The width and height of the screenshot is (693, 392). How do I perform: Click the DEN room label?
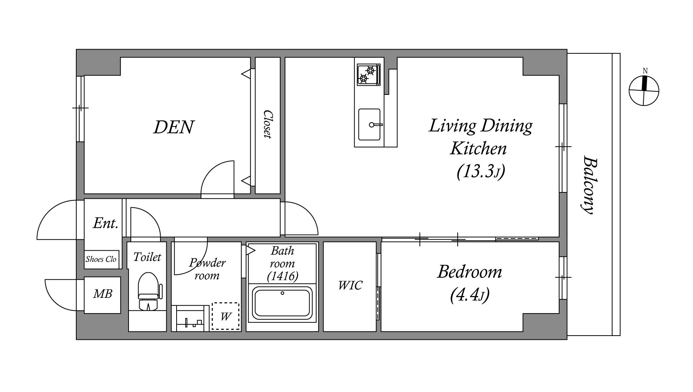click(174, 127)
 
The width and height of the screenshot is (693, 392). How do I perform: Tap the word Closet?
click(268, 125)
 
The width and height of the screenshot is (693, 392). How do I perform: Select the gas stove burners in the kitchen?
click(368, 75)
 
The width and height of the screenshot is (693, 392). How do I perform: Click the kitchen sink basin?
click(370, 124)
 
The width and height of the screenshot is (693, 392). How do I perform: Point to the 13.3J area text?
click(481, 171)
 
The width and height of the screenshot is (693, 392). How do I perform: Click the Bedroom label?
click(470, 272)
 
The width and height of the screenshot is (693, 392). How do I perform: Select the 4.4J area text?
click(470, 294)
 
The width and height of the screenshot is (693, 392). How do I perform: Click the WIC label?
click(350, 285)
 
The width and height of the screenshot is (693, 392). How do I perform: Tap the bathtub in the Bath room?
click(282, 304)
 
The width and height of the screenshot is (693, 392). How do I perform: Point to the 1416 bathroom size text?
click(283, 275)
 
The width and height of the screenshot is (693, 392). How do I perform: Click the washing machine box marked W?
click(226, 316)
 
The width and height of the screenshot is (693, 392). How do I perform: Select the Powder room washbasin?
click(190, 318)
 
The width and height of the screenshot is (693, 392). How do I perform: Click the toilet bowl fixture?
click(149, 291)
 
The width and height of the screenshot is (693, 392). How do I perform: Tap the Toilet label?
click(147, 257)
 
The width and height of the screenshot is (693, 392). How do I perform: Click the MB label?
click(103, 294)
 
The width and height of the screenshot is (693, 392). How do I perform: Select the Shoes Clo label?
click(101, 259)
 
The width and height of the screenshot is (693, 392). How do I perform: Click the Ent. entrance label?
click(105, 223)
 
